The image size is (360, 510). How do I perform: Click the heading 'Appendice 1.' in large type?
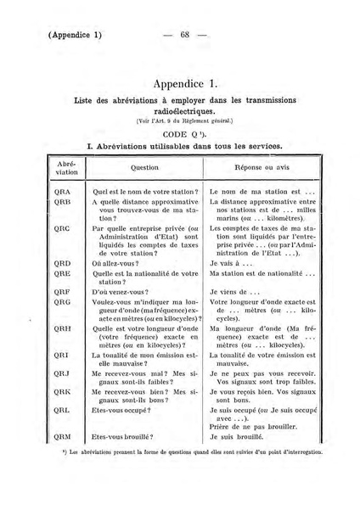pos(186,84)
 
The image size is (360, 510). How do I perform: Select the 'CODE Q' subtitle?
pos(183,135)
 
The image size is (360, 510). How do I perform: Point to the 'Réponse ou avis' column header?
pos(265,168)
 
